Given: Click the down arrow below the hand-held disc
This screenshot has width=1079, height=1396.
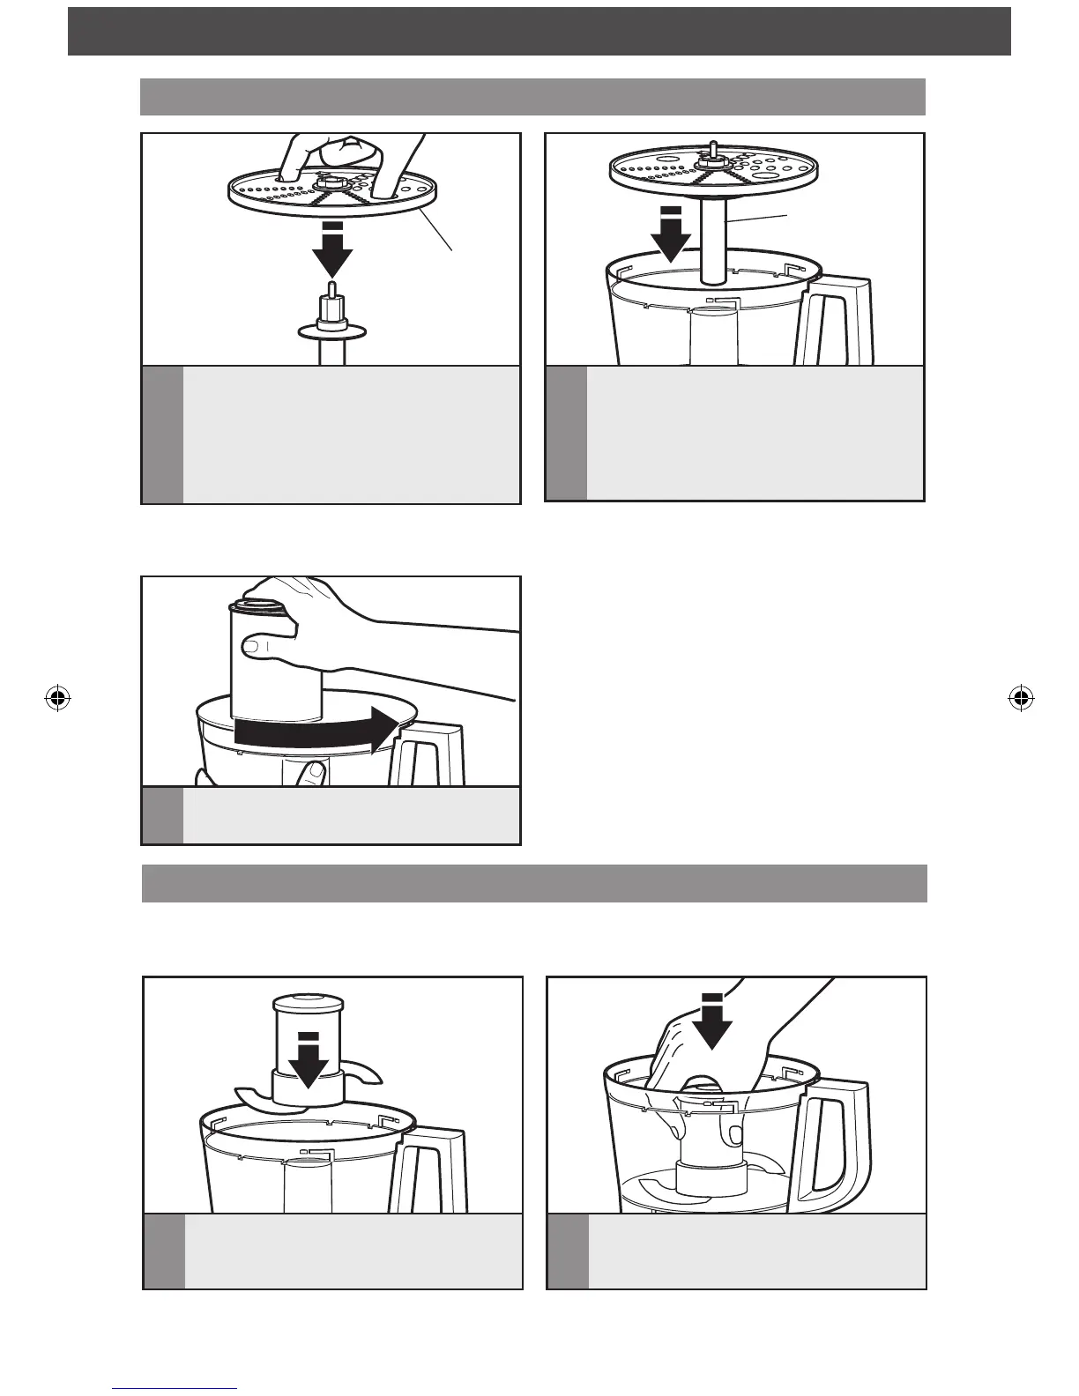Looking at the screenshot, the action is (x=332, y=250).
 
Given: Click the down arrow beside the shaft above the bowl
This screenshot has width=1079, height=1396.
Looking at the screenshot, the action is (x=671, y=234).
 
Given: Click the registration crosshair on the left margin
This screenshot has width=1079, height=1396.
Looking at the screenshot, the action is (x=57, y=699).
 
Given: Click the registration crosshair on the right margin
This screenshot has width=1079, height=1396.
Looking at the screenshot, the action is (x=1020, y=699).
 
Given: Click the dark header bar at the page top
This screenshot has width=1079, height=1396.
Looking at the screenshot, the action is (x=539, y=32).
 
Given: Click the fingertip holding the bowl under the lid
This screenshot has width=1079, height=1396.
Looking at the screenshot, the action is (x=309, y=773).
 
